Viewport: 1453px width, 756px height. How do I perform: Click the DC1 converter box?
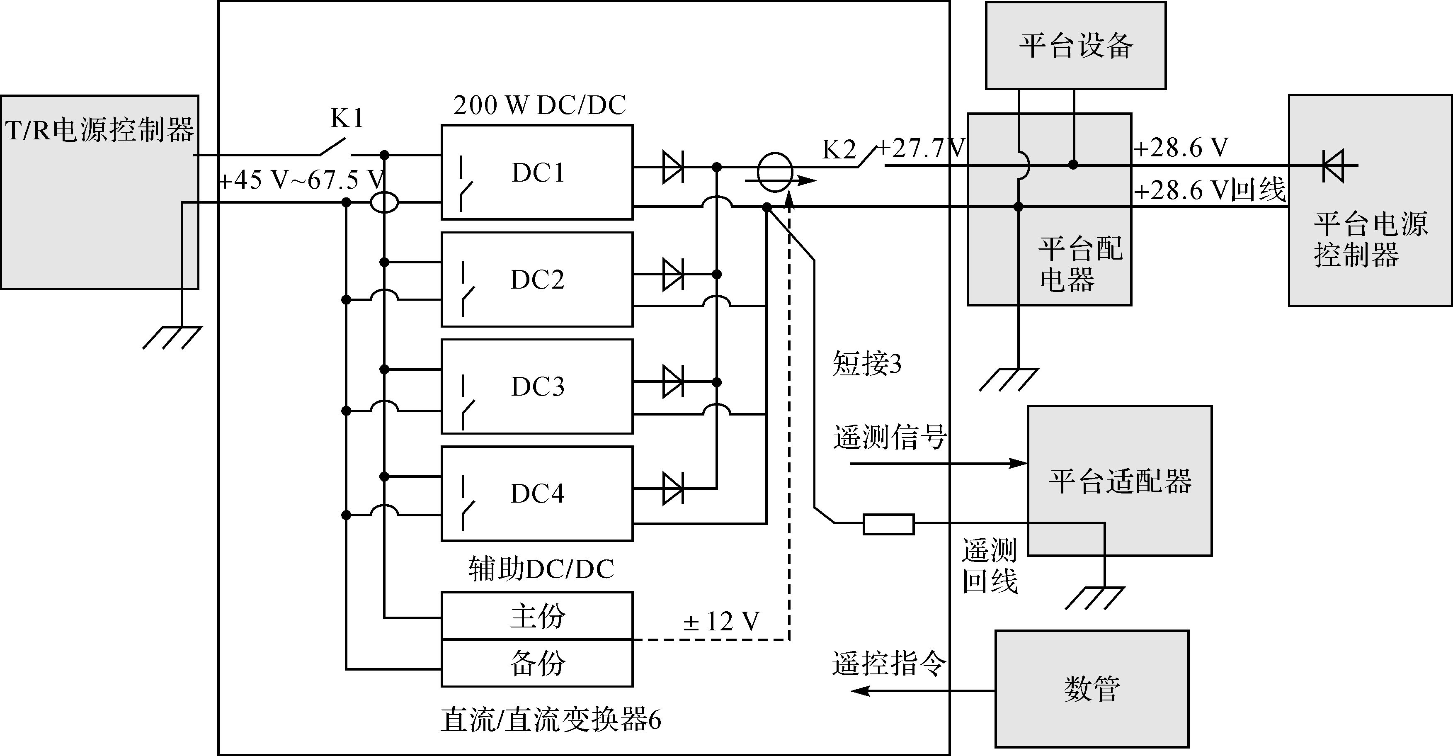(537, 172)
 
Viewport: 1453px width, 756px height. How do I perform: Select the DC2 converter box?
(537, 279)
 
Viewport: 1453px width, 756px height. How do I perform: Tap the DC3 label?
(538, 387)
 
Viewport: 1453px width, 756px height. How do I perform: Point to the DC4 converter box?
(537, 493)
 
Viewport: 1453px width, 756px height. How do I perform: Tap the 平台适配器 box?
(1120, 481)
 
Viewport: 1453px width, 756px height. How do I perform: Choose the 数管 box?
(1092, 688)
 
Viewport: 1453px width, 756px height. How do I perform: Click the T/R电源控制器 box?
(99, 192)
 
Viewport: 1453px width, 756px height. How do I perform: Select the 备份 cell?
(537, 663)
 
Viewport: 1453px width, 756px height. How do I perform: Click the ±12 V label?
(721, 622)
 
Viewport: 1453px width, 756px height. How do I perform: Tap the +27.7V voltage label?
(922, 148)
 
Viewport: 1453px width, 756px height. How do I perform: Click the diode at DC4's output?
(673, 488)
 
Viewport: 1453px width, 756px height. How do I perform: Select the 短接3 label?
(867, 364)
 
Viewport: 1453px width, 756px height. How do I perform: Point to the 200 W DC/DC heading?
(539, 105)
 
